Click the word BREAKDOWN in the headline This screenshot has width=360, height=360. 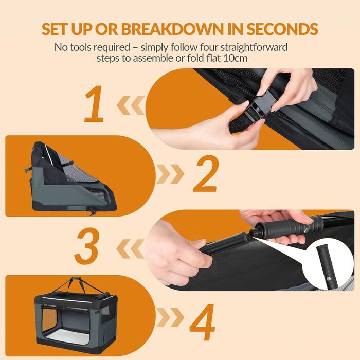pyautogui.click(x=172, y=29)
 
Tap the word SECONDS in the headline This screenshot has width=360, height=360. pyautogui.click(x=282, y=29)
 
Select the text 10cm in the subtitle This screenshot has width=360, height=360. pyautogui.click(x=236, y=58)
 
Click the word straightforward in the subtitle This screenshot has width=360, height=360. pyautogui.click(x=254, y=47)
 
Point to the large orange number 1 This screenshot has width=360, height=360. pyautogui.click(x=95, y=104)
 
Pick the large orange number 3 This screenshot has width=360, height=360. pyautogui.click(x=87, y=246)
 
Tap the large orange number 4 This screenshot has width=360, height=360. pyautogui.click(x=202, y=322)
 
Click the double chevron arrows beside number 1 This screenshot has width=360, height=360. pyautogui.click(x=131, y=105)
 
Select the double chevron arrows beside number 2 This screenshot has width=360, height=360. pyautogui.click(x=170, y=174)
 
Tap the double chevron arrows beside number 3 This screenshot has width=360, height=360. pyautogui.click(x=131, y=249)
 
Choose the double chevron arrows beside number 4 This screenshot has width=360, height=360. pyautogui.click(x=170, y=317)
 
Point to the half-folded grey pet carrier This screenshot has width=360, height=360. pyautogui.click(x=71, y=178)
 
